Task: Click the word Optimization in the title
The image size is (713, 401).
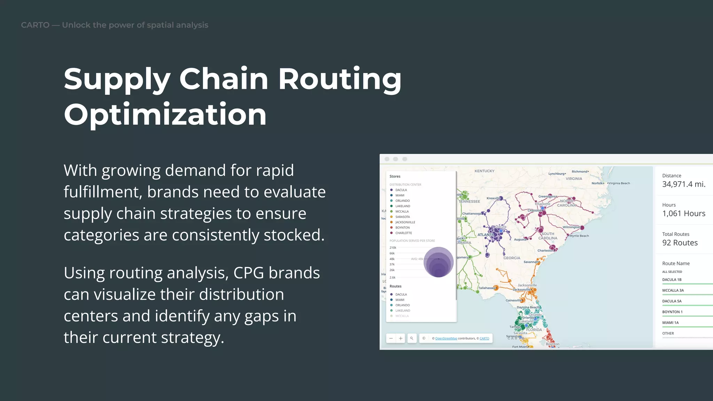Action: tap(165, 115)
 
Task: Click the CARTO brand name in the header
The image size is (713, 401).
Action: tap(35, 25)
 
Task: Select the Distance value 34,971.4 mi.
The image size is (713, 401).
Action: tap(683, 184)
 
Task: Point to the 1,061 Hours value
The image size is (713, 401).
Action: tap(683, 213)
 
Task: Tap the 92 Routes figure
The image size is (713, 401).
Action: tap(680, 243)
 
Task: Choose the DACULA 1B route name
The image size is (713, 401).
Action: tap(672, 280)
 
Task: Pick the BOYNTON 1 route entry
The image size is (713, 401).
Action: tap(672, 312)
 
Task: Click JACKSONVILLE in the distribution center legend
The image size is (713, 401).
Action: tap(405, 222)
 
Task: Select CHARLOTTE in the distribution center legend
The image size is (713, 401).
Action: tap(403, 233)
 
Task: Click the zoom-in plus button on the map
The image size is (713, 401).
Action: tap(401, 338)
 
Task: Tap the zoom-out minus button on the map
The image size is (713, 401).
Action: tap(391, 338)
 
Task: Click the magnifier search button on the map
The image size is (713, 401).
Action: tap(412, 338)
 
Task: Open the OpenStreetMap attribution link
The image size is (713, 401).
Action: tap(446, 338)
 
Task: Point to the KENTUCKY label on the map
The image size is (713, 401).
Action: tap(484, 171)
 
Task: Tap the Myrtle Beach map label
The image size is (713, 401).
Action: tap(579, 236)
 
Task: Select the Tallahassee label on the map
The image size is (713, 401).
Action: tap(486, 288)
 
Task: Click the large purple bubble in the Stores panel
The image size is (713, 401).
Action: tap(438, 262)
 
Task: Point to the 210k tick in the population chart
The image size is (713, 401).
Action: tap(393, 247)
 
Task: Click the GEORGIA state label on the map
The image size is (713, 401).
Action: tap(512, 258)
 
